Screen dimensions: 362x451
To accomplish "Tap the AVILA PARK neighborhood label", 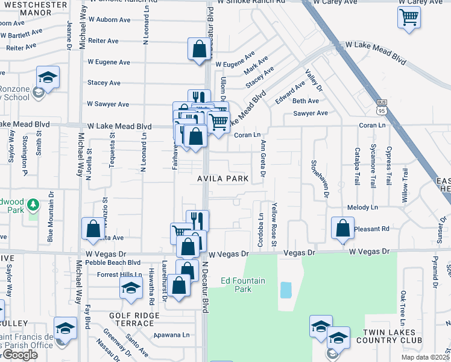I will coord(222,179).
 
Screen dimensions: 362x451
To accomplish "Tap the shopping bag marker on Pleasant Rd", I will coord(342,228).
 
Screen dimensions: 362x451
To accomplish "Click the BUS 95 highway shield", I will coord(381,107).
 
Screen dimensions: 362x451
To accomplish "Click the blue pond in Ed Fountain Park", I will coord(286,290).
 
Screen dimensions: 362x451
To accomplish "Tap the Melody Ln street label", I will coord(362,207).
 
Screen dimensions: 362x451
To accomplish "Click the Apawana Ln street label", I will coord(172,334).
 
